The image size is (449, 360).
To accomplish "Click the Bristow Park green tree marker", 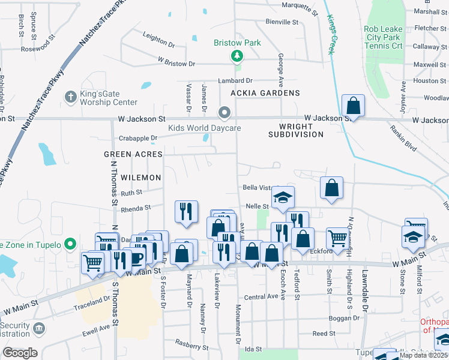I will click(238, 56).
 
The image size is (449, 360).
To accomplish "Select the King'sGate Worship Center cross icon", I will click(70, 96).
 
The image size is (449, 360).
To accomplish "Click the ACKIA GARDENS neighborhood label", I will click(265, 93).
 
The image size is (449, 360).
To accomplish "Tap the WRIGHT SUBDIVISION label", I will click(295, 131).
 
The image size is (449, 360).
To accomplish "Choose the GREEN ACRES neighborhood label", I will click(133, 154).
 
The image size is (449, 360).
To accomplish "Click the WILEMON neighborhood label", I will click(140, 178).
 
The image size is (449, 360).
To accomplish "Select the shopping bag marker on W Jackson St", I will click(354, 106).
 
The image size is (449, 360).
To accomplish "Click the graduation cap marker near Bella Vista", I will click(283, 197).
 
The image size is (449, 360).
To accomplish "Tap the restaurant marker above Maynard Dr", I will click(186, 211).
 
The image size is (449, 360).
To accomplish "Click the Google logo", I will click(20, 353).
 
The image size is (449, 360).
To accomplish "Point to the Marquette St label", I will click(299, 8).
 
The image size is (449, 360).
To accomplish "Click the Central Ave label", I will click(261, 296).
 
